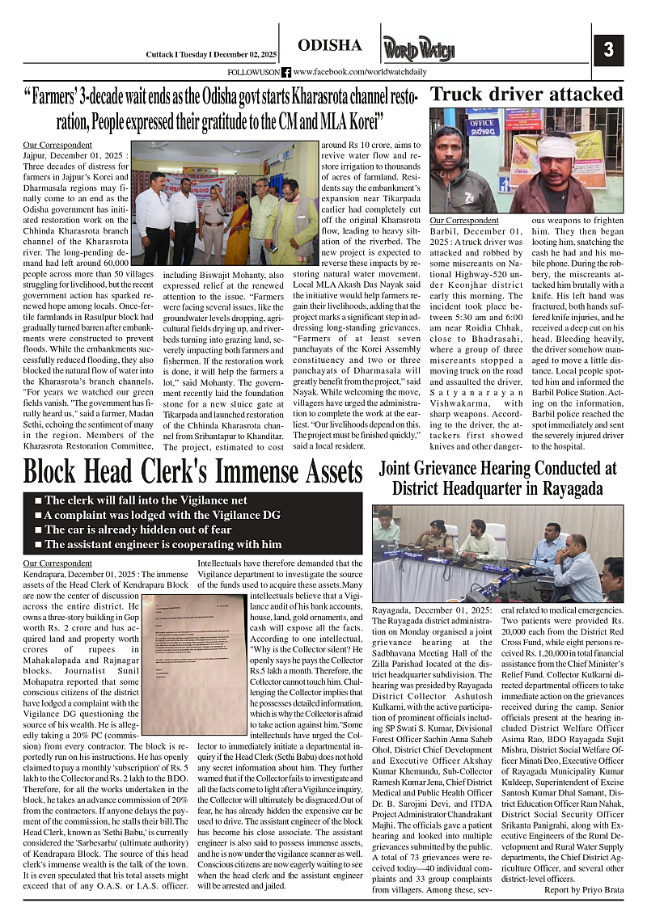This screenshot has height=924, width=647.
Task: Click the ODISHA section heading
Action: coord(329,44)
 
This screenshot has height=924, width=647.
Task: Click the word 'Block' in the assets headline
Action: coord(58,470)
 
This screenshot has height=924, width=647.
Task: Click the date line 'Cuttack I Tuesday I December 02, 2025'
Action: coord(210,54)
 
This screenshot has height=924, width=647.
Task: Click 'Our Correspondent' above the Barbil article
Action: coord(464,220)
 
